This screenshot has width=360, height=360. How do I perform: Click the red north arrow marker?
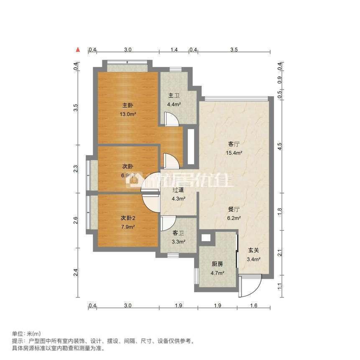(78, 50)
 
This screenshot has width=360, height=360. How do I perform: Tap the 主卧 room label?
(128, 105)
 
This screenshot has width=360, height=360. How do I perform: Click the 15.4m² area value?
(234, 153)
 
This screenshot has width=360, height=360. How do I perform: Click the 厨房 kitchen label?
(217, 264)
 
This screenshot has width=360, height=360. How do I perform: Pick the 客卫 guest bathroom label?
(179, 233)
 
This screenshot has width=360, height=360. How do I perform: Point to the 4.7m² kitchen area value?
(217, 273)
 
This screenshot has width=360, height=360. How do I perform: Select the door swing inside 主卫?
(172, 120)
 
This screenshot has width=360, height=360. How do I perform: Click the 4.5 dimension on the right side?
(280, 146)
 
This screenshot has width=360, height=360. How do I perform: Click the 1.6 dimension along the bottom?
(253, 306)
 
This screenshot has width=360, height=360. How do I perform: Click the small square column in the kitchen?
(205, 237)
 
